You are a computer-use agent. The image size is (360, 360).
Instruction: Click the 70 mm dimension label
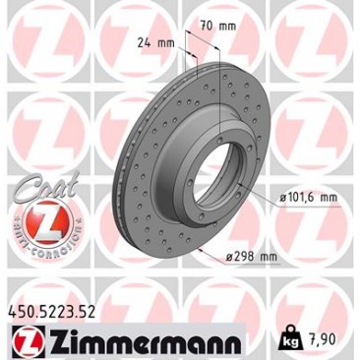coord(218,26)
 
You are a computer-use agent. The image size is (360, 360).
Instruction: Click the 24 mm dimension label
coord(156,43)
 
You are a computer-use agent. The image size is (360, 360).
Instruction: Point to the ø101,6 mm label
coord(308,198)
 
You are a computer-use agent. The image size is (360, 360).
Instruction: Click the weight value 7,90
coord(321,340)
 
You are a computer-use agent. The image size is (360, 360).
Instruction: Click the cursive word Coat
coord(46,188)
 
